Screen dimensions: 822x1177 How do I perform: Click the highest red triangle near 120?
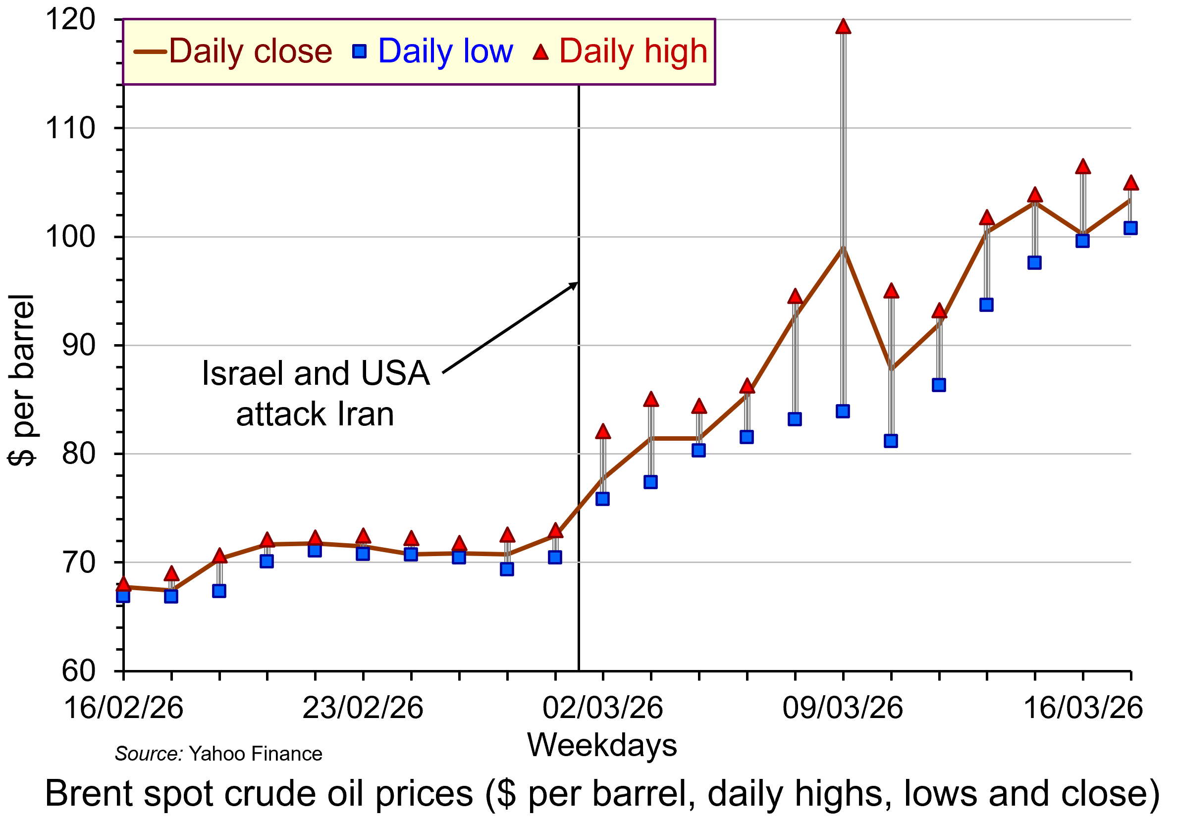843,27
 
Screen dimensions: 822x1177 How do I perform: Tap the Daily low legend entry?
432,51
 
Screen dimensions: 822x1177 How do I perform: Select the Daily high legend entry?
621,51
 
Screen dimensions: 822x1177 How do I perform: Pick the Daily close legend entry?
233,51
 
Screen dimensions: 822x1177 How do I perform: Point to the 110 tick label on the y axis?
70,128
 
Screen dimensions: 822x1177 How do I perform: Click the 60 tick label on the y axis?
78,671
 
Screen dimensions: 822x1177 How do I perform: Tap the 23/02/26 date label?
363,708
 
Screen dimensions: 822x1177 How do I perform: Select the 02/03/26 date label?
603,708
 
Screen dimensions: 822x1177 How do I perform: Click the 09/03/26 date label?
843,708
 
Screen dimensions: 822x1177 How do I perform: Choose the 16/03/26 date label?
1083,708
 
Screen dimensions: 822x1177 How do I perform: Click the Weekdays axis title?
602,745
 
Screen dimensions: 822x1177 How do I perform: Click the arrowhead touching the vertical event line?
574,284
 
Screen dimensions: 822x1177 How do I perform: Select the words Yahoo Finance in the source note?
255,754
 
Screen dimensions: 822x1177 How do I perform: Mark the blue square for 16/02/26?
123,596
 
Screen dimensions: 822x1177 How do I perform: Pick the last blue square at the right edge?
1130,228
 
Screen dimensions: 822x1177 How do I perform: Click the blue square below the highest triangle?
843,411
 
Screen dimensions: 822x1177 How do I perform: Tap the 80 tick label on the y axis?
78,454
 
